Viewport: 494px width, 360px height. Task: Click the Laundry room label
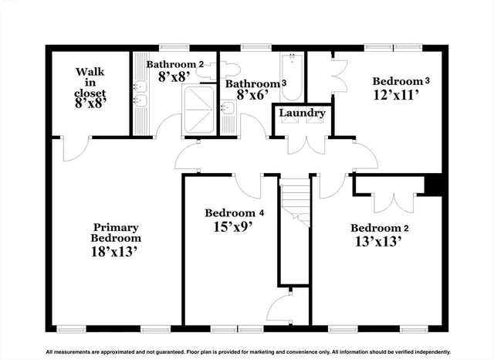[x=303, y=114]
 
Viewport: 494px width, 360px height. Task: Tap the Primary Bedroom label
[x=116, y=233]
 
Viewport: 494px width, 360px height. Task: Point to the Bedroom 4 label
[x=235, y=212]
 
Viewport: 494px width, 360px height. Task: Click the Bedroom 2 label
[x=379, y=228]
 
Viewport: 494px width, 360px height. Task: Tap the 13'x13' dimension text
[x=379, y=243]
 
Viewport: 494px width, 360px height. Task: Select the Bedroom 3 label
[x=401, y=81]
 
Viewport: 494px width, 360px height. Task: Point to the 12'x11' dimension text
[x=395, y=97]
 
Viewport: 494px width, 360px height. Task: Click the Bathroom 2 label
[x=175, y=64]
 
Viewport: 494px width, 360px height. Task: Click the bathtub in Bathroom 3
[x=293, y=76]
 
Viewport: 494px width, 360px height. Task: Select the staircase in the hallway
[x=294, y=202]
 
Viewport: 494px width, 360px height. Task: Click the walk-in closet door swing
[x=76, y=151]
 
